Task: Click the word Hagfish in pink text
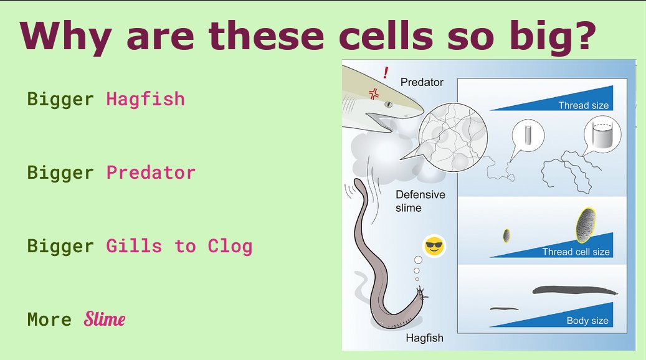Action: tap(145, 99)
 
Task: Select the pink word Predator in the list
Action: tap(151, 173)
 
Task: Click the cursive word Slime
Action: tap(105, 320)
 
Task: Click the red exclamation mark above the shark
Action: tap(386, 72)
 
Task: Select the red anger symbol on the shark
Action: tap(374, 94)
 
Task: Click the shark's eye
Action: tap(388, 105)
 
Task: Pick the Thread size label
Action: tap(583, 105)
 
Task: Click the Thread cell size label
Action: tap(576, 252)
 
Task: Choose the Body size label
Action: tap(587, 321)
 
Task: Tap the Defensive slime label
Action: tap(420, 201)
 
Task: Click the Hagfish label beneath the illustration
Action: tap(424, 338)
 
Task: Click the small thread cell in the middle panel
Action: tap(507, 236)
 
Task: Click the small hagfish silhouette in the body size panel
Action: tap(505, 308)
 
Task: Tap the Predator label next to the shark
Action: tap(422, 82)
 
